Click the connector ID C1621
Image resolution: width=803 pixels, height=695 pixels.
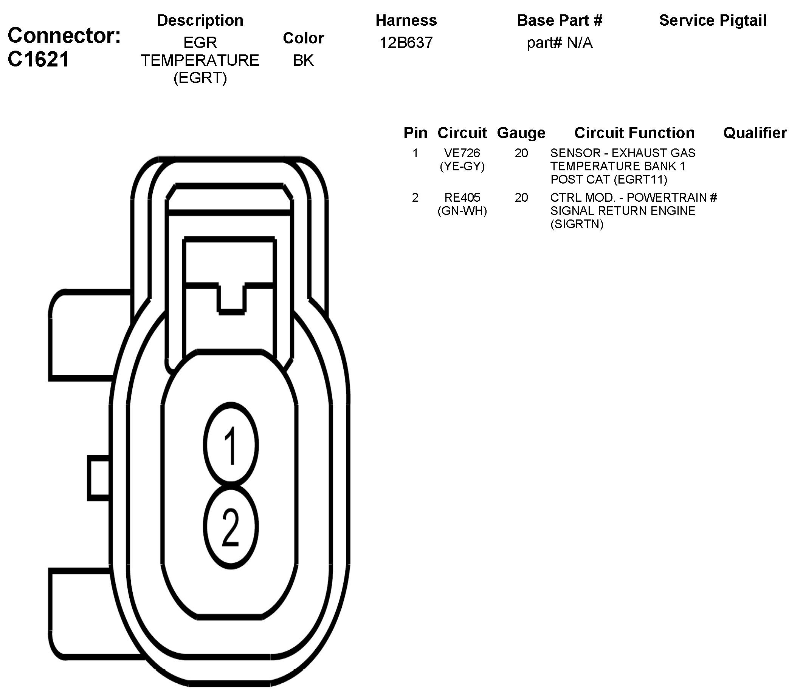[x=39, y=59]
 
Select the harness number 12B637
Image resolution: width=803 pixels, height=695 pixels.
[x=406, y=43]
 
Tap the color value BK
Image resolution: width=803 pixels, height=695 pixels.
[x=303, y=60]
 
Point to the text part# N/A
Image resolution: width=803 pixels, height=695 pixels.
[x=559, y=43]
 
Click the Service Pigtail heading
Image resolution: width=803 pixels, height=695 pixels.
[x=713, y=20]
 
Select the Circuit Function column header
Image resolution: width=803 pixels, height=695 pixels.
[x=634, y=133]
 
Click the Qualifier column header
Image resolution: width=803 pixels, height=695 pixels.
[x=755, y=133]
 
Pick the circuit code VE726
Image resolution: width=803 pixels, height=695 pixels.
[x=462, y=153]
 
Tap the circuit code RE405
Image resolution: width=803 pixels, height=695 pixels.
[x=462, y=198]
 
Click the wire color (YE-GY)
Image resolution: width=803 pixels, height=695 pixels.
[x=462, y=166]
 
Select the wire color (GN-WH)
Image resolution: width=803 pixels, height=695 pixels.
[x=462, y=211]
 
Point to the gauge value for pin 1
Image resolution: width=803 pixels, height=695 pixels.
[x=521, y=153]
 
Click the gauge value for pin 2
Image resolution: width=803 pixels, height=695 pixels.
[x=521, y=198]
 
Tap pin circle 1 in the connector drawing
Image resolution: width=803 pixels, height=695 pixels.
[x=231, y=445]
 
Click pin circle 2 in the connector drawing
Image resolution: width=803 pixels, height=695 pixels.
[x=231, y=527]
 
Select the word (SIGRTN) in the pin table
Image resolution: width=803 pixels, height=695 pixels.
[x=577, y=224]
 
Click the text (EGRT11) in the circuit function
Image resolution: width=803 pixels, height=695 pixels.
[x=641, y=179]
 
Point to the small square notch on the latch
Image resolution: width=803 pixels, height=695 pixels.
[x=231, y=300]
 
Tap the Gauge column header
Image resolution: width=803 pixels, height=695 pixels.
[x=521, y=133]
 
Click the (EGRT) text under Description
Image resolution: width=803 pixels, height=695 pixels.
[x=200, y=78]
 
